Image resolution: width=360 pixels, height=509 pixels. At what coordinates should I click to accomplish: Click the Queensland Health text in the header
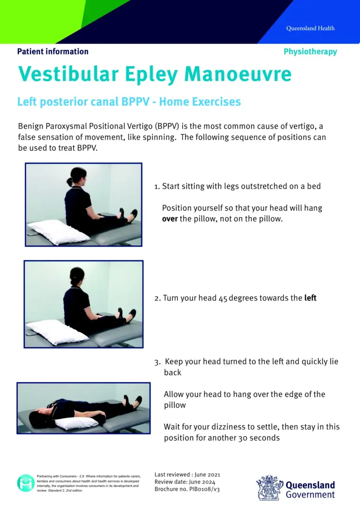pos(310,28)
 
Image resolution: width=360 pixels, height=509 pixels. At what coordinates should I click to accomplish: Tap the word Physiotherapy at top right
pos(310,52)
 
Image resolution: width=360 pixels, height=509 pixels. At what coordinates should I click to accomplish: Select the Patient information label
pos(52,52)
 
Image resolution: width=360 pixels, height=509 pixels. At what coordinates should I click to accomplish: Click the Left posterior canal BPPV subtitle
pos(129,101)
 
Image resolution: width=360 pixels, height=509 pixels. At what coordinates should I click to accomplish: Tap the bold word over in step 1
pos(170,219)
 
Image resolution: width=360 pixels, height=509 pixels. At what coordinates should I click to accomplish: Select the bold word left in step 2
pos(310,298)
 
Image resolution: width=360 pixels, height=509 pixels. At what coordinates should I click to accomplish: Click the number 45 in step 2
pos(223,298)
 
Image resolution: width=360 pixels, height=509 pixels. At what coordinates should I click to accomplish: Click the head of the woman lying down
pos(37,418)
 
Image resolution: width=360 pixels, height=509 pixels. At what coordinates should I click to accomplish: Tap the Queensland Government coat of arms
pos(270,488)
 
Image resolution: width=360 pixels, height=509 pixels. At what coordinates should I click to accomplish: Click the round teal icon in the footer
pos(25,483)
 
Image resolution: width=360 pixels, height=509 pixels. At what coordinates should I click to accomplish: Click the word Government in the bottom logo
pos(310,494)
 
